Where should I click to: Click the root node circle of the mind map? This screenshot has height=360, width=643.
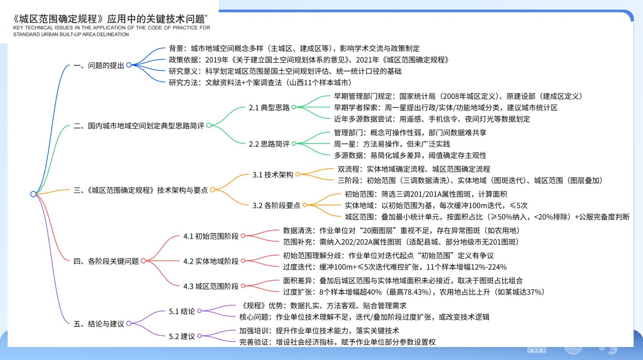pyautogui.click(x=33, y=194)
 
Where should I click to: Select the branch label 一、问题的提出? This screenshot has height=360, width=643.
pyautogui.click(x=98, y=65)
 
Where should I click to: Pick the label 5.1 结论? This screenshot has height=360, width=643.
pyautogui.click(x=182, y=311)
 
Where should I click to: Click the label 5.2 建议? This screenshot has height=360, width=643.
pyautogui.click(x=182, y=336)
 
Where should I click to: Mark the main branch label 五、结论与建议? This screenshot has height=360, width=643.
pyautogui.click(x=98, y=324)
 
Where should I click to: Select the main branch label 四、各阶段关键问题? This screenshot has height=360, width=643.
pyautogui.click(x=106, y=261)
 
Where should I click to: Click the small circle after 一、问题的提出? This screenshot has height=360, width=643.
pyautogui.click(x=129, y=65)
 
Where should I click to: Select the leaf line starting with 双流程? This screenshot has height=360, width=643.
pyautogui.click(x=413, y=169)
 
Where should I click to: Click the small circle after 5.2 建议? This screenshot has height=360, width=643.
pyautogui.click(x=200, y=336)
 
